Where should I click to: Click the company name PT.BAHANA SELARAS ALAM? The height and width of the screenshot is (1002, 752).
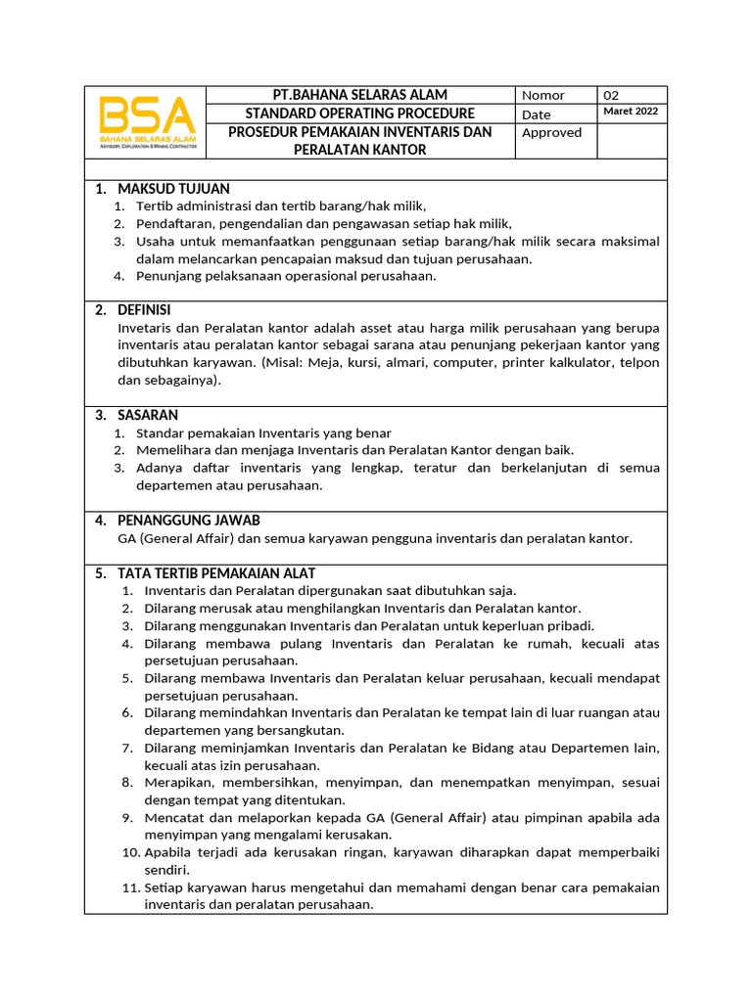pos(359,95)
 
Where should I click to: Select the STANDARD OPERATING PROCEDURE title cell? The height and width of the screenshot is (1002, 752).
pos(359,114)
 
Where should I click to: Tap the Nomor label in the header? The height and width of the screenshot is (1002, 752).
pos(543,95)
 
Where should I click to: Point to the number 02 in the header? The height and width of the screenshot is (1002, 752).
pos(611,95)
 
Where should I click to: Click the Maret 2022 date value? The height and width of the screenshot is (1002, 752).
pos(631,112)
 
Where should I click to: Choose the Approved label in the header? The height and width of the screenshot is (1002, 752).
pos(551,132)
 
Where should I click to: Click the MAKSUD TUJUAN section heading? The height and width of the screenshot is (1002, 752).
pos(173,188)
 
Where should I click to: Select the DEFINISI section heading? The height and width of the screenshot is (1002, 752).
pos(144,310)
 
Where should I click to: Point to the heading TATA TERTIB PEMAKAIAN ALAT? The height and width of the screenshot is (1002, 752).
pos(215,572)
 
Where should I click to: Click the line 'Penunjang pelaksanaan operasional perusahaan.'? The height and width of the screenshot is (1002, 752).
pos(285,276)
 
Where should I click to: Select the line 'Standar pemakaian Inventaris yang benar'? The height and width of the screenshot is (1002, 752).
pos(263,433)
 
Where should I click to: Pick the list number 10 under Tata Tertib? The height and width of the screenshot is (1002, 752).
pos(132,852)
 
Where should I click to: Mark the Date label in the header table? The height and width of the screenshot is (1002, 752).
pos(536,114)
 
